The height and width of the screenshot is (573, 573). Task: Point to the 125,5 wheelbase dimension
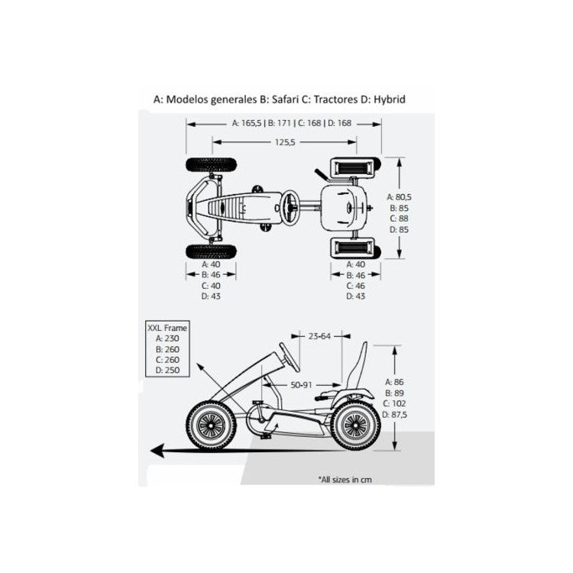point(286,141)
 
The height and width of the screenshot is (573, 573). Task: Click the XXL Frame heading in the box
point(167,328)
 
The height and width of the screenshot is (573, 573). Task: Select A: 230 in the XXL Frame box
point(167,338)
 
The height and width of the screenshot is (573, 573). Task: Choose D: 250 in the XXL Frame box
point(167,371)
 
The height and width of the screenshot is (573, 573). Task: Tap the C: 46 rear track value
point(356,285)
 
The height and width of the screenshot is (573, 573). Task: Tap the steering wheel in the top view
point(290,205)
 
